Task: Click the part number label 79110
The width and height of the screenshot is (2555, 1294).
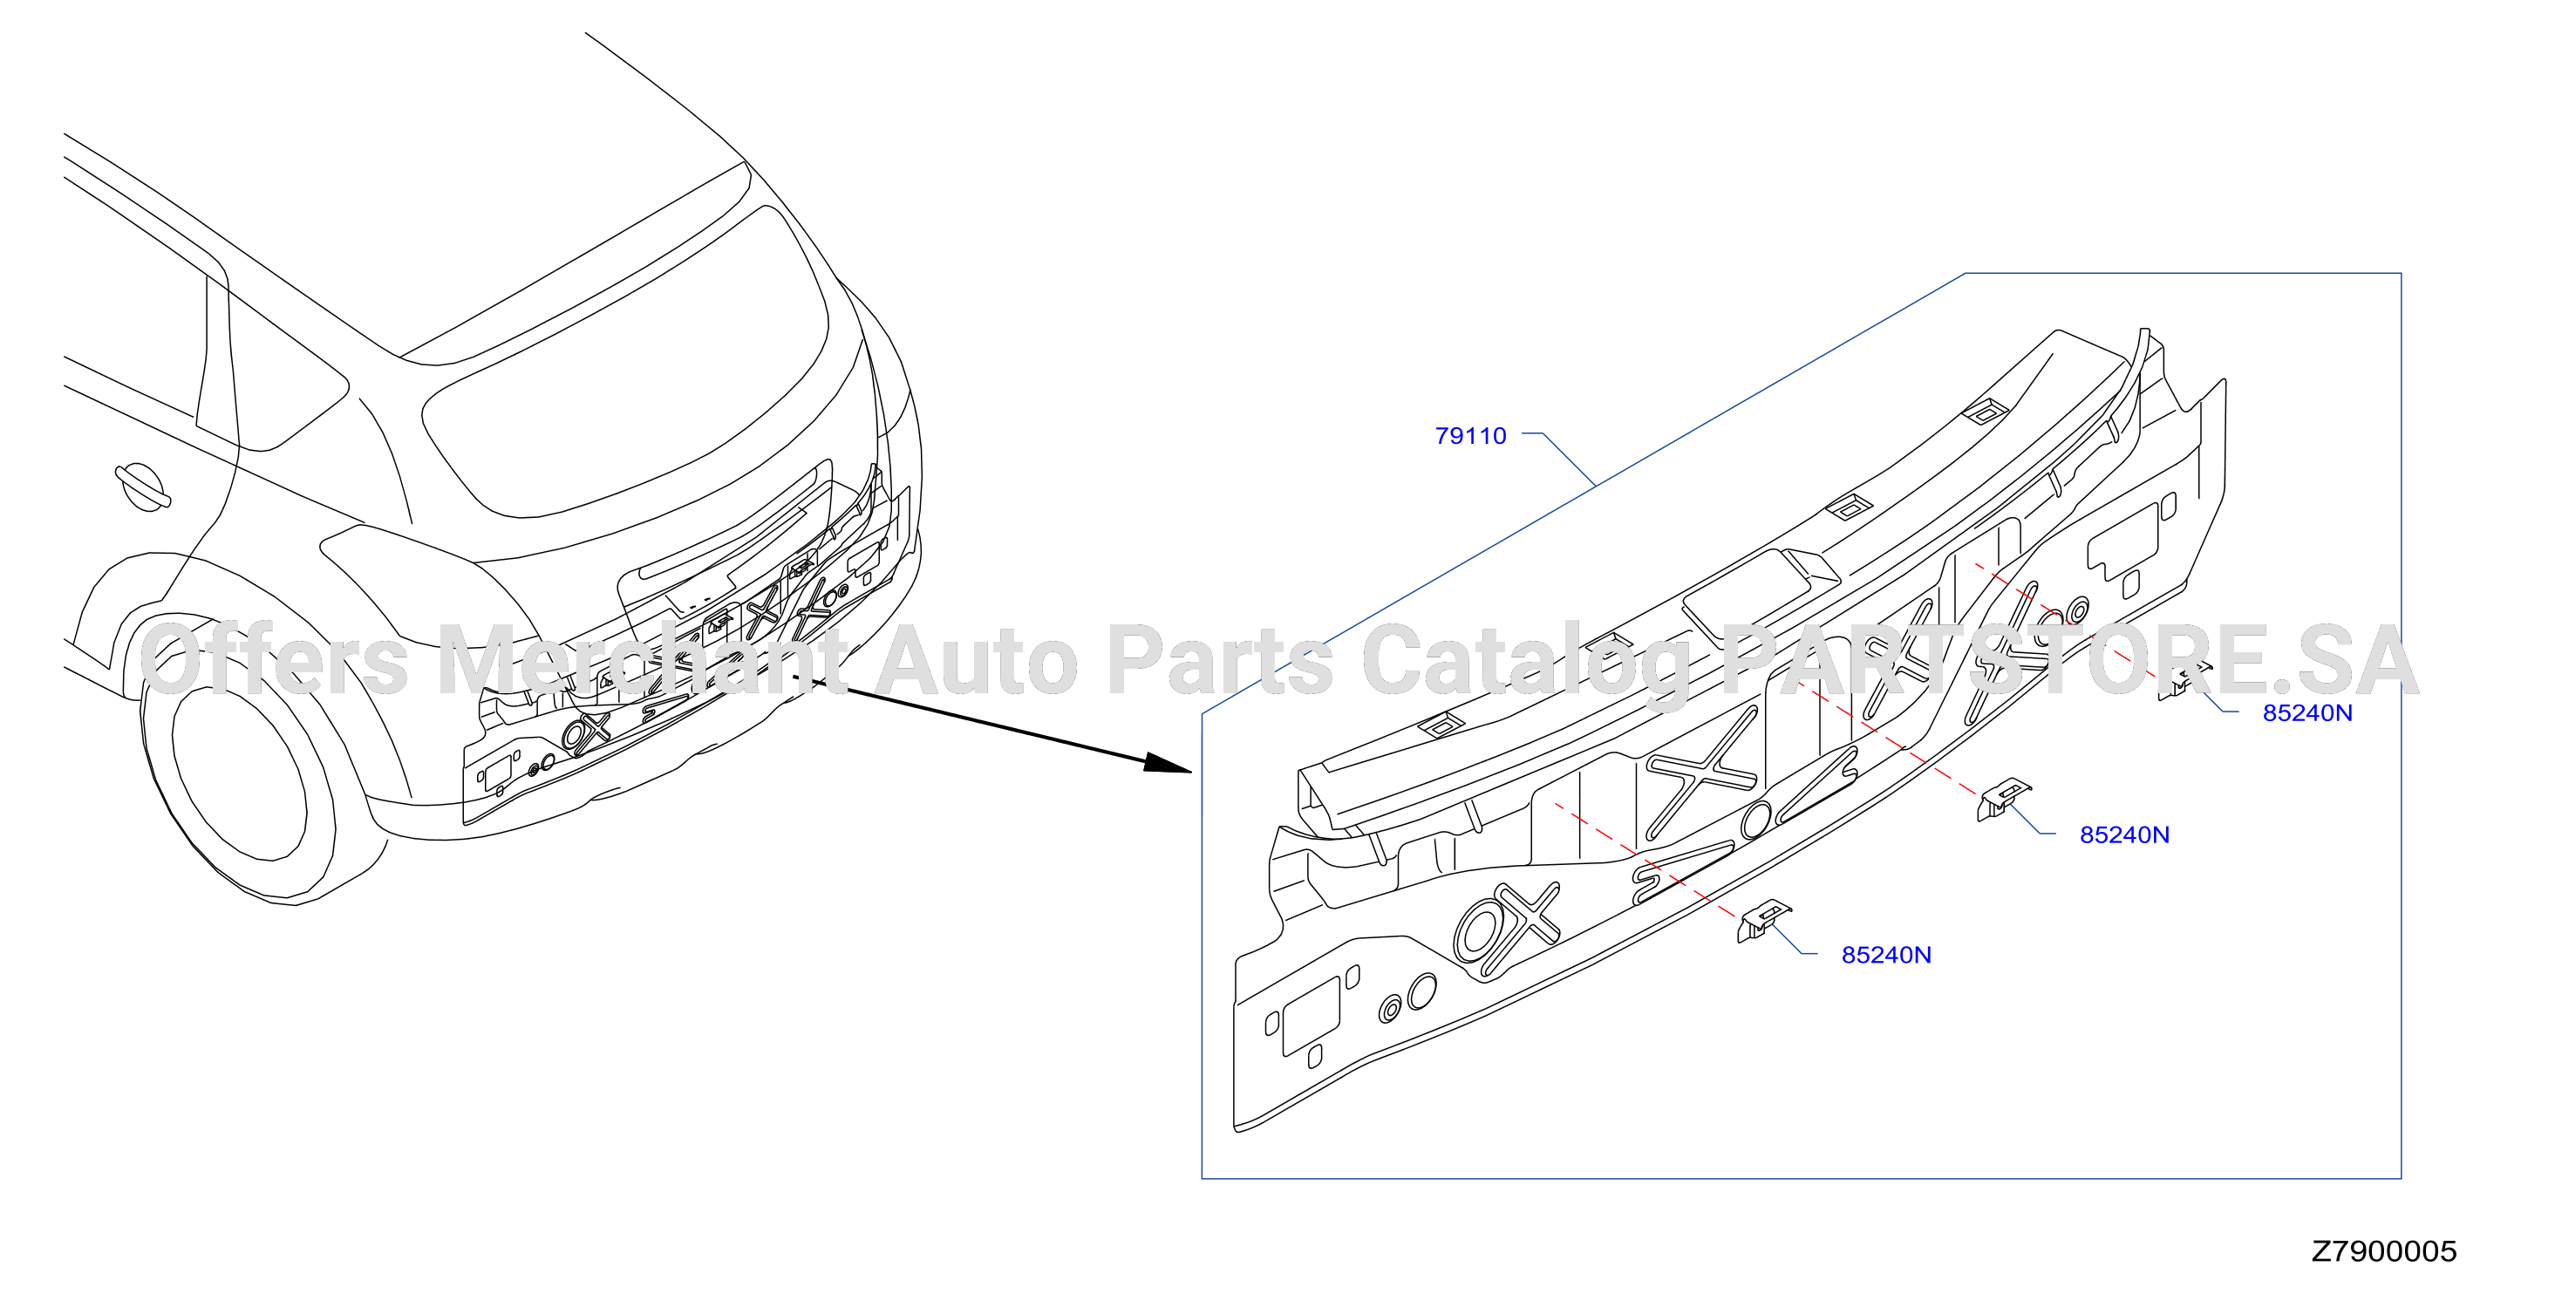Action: (x=1470, y=435)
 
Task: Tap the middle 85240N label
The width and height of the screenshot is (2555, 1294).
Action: (x=2124, y=834)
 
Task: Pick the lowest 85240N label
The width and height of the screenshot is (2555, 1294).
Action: (x=1886, y=954)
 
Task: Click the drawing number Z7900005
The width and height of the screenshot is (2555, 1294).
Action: (x=2384, y=1250)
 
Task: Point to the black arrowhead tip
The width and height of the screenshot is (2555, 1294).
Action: (x=1191, y=771)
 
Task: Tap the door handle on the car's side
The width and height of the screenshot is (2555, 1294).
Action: (x=143, y=487)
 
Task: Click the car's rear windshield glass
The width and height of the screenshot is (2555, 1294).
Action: (x=625, y=367)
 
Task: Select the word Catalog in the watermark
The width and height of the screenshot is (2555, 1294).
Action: (x=1526, y=659)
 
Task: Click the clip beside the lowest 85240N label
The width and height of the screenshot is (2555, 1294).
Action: (x=1763, y=920)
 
